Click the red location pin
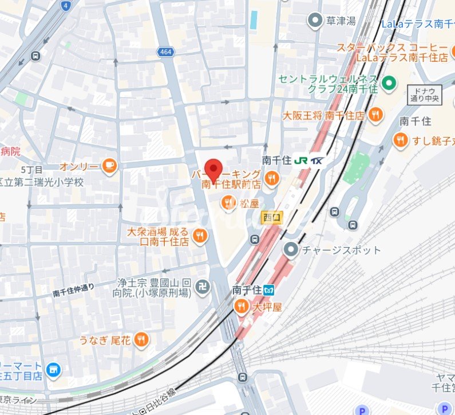pyautogui.click(x=213, y=170)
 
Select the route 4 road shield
pyautogui.click(x=66, y=6)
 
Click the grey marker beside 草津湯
pyautogui.click(x=314, y=21)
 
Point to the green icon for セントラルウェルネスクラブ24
pyautogui.click(x=389, y=84)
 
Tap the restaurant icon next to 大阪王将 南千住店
pyautogui.click(x=375, y=115)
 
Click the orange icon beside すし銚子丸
pyautogui.click(x=400, y=139)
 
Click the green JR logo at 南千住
pyautogui.click(x=300, y=161)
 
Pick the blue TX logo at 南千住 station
pyautogui.click(x=316, y=161)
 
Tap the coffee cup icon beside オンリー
pyautogui.click(x=109, y=166)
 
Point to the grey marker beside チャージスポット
pyautogui.click(x=291, y=249)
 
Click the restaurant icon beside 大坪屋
pyautogui.click(x=242, y=307)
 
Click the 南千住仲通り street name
pyautogui.click(x=73, y=289)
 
